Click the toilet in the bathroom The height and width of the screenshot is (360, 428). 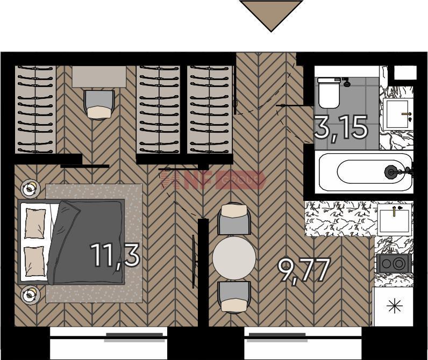(329, 93)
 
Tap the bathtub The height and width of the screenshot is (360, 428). (364, 172)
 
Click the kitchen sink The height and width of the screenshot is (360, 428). (395, 220)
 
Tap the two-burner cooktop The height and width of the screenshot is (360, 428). (394, 263)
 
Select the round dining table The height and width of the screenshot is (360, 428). (234, 258)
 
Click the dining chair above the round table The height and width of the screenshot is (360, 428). (234, 219)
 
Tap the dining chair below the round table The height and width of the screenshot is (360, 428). (234, 297)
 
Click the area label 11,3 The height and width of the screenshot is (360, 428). (115, 255)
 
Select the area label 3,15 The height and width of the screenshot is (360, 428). (341, 127)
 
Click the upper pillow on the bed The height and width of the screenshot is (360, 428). (35, 224)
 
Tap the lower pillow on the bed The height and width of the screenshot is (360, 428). (34, 261)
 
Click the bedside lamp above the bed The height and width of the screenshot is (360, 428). (30, 188)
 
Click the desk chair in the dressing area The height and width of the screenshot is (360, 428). (99, 105)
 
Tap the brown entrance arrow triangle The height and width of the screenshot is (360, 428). (271, 16)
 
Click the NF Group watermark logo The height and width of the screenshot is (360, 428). (212, 179)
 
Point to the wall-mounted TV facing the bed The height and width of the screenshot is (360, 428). (194, 262)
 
